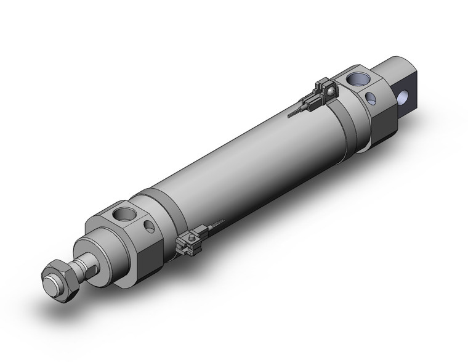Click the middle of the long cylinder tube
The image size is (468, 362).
pyautogui.click(x=240, y=160)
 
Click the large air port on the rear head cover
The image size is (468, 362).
pyautogui.click(x=358, y=79)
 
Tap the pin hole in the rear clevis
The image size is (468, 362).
pyautogui.click(x=405, y=97)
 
